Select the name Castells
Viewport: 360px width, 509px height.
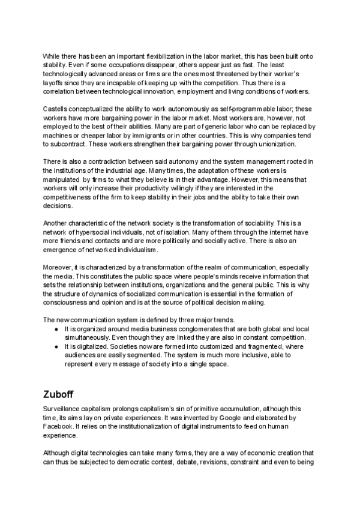point(57,108)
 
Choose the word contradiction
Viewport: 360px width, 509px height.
point(103,163)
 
